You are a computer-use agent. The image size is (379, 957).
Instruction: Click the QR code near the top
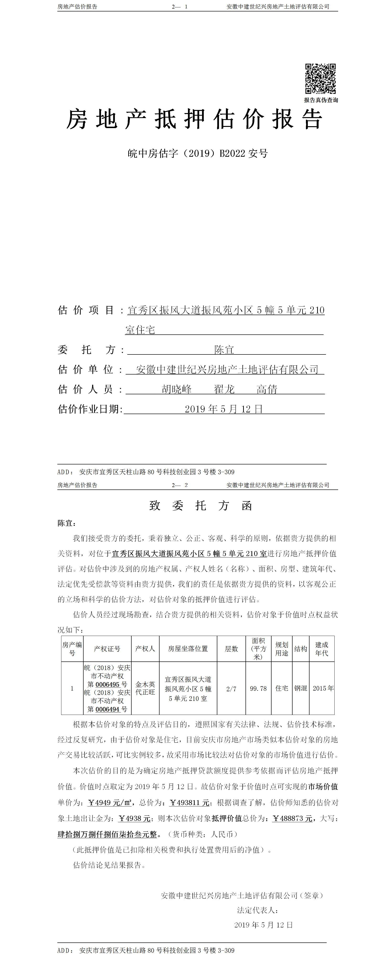pos(320,78)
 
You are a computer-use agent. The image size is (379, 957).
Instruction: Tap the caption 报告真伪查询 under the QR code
pos(320,100)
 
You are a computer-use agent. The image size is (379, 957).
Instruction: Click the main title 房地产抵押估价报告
pos(194,120)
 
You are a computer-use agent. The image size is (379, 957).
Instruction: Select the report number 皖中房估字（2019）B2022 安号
pos(198,153)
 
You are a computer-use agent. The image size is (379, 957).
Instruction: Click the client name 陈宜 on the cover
pos(224,350)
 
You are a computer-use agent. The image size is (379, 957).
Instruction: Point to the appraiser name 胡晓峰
pos(177,389)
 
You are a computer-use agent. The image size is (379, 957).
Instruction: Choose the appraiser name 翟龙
pos(224,389)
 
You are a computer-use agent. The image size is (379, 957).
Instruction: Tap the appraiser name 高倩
pos(267,389)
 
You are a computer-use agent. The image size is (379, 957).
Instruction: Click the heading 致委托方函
pos(201,506)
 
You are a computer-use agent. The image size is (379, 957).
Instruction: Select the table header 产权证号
pos(107,649)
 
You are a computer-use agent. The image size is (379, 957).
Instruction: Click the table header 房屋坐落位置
pos(188,649)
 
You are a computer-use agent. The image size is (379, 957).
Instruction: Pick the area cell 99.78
pos(258,688)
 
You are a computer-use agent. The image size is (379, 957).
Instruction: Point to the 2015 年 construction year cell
pos(323,688)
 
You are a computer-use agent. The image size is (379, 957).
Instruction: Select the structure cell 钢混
pos(300,688)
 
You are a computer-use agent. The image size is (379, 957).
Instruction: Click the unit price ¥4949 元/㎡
pos(109,802)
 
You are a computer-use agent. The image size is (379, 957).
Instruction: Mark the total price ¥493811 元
pos(189,802)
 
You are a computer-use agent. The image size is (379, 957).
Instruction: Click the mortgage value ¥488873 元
pos(292,818)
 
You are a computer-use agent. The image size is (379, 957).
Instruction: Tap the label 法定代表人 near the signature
pos(257,910)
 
